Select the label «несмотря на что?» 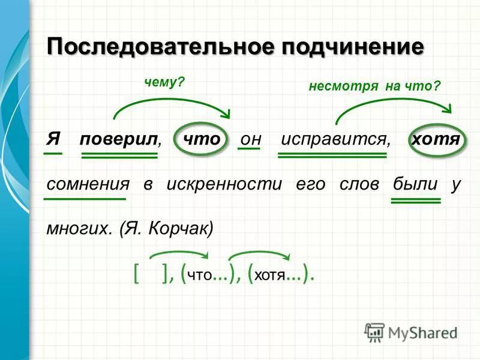pos(374,86)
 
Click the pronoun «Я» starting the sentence pos(53,139)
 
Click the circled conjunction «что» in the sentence pos(201,139)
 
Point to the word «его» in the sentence pos(310,184)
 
